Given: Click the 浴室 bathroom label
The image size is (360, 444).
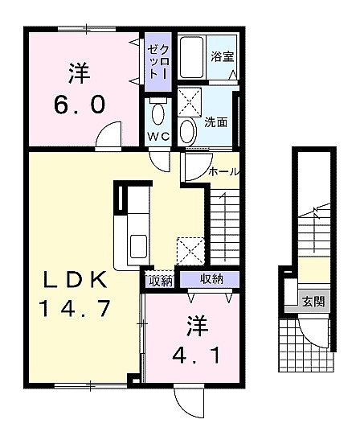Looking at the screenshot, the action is coord(223,56).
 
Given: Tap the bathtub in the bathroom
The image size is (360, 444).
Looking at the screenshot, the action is coord(192,57).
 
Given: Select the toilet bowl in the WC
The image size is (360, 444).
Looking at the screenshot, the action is coord(157,113).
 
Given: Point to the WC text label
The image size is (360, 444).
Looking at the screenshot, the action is coord(158,137).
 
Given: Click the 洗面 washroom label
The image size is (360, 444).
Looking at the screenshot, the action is coord(216,122).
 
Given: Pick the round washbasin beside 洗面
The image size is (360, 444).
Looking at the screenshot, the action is coord(188,131).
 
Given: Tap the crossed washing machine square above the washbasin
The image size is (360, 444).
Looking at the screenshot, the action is coord(190,102).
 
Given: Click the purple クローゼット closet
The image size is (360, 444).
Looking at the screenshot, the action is coord(158,62).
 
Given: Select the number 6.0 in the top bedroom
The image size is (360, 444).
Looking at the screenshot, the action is coord(80,104).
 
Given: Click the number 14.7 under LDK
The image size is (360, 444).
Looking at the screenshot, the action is coord(76,308).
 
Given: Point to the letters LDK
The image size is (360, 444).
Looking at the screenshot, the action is coord(75,279).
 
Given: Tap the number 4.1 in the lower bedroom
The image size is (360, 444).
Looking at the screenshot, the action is coord(196,356).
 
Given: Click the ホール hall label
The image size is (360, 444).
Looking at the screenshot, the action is coord(223,171).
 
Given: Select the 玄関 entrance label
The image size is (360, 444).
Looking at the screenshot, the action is coord(313,302).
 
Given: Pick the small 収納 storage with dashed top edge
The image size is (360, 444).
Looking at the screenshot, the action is coord(159,280).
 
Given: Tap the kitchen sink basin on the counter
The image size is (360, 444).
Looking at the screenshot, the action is coord(138,246).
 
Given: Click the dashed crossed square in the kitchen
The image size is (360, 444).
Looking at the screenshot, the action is coord(190,251).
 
